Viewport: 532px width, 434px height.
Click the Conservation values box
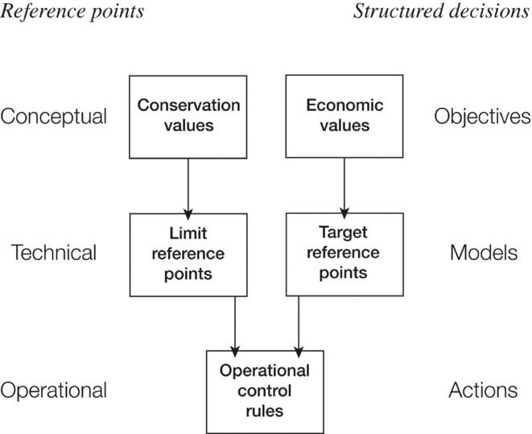188,116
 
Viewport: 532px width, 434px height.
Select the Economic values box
344,116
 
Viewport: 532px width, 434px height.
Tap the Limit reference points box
188,254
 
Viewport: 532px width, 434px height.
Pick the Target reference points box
344,254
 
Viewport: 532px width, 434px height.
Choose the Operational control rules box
265,391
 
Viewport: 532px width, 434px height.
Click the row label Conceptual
53,117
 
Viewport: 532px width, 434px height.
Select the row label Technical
53,253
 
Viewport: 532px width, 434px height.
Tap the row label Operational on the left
53,391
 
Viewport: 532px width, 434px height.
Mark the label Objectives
482,117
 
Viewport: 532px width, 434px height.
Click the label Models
482,253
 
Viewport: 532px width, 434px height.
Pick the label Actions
482,391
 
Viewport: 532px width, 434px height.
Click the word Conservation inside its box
188,106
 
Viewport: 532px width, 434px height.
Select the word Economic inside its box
344,106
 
